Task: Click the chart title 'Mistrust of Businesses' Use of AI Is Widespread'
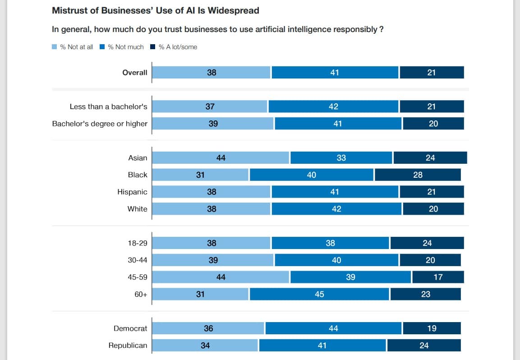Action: point(156,10)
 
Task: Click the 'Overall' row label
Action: point(134,73)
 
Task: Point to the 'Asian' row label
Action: point(138,158)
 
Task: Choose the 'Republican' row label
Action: point(128,346)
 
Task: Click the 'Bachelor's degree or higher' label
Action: point(100,124)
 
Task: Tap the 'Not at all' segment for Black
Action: point(200,175)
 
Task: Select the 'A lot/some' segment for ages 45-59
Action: point(438,277)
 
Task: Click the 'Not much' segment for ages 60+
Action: point(319,294)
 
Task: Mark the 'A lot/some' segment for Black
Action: point(418,175)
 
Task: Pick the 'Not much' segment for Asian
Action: point(341,158)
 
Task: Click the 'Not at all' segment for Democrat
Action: point(208,328)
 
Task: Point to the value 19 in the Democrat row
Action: point(432,328)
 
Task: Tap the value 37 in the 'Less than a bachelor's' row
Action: point(210,106)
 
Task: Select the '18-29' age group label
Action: point(138,243)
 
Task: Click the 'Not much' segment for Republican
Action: point(322,346)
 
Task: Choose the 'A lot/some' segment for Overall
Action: point(432,73)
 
